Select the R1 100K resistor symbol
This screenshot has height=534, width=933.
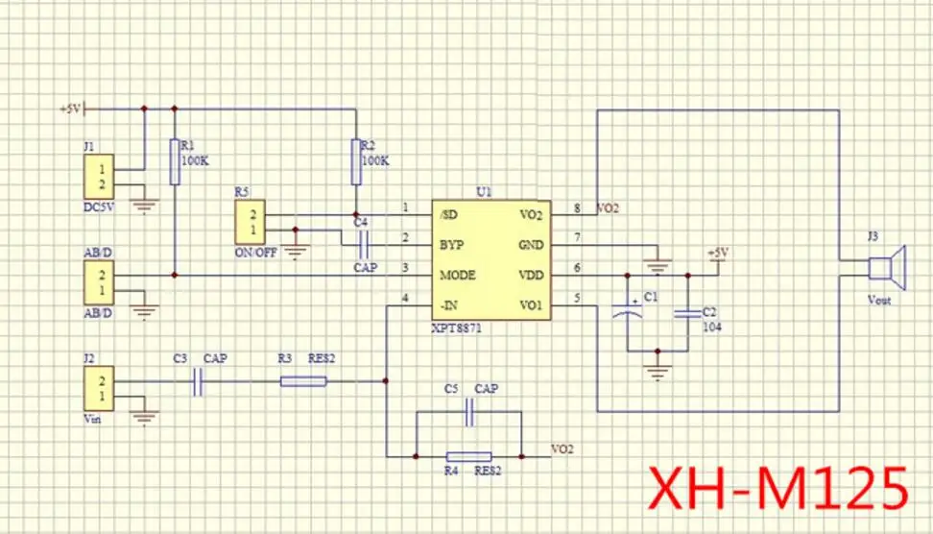[174, 160]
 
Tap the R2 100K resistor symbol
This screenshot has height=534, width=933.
[355, 160]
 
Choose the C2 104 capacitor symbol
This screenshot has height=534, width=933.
[687, 312]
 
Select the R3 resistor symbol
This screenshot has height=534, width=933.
[303, 382]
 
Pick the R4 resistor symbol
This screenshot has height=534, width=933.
[469, 455]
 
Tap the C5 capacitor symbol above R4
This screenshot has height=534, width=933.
[469, 412]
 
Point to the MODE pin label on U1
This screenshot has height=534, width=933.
[458, 275]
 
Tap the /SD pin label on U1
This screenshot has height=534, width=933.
[447, 214]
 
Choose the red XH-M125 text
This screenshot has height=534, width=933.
[778, 487]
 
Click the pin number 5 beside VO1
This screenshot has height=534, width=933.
[577, 297]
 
